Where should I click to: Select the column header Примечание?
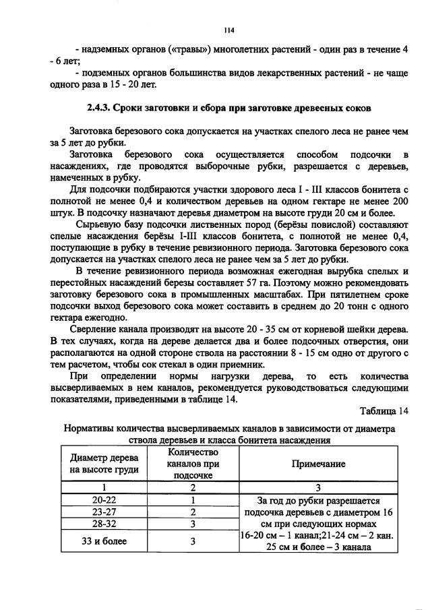[x=318, y=464]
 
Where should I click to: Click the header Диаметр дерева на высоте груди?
[x=104, y=464]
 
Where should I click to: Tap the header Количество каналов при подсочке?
[x=193, y=464]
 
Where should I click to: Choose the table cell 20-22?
[x=104, y=500]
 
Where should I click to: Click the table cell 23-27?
[x=104, y=512]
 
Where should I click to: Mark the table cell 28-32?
[x=104, y=523]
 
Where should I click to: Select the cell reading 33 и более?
[x=104, y=541]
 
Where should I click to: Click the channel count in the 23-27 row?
[x=193, y=512]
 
